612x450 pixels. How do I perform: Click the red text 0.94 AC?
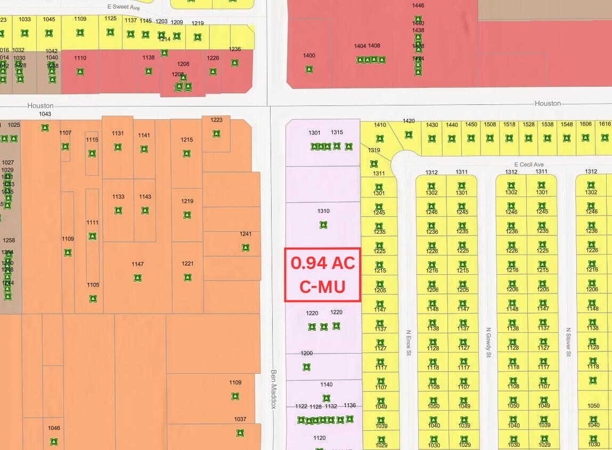322,263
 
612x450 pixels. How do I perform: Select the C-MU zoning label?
322,287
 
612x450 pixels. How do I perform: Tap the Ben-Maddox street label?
274,389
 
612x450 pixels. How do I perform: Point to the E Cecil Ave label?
529,165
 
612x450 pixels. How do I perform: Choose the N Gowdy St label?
488,342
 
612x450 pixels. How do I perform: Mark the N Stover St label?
568,342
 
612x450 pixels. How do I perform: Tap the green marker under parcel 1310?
323,225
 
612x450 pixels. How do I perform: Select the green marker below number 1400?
309,69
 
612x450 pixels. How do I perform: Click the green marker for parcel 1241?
246,247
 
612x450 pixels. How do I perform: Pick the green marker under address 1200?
306,367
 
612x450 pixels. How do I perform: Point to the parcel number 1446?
418,5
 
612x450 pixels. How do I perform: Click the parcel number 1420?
409,121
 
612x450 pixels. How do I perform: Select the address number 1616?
605,124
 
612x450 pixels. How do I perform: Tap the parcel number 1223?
216,120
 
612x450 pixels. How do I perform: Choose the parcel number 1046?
54,428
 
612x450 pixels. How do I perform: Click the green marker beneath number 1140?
327,398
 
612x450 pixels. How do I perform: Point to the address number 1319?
374,150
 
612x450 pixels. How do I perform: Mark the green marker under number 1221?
187,277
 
